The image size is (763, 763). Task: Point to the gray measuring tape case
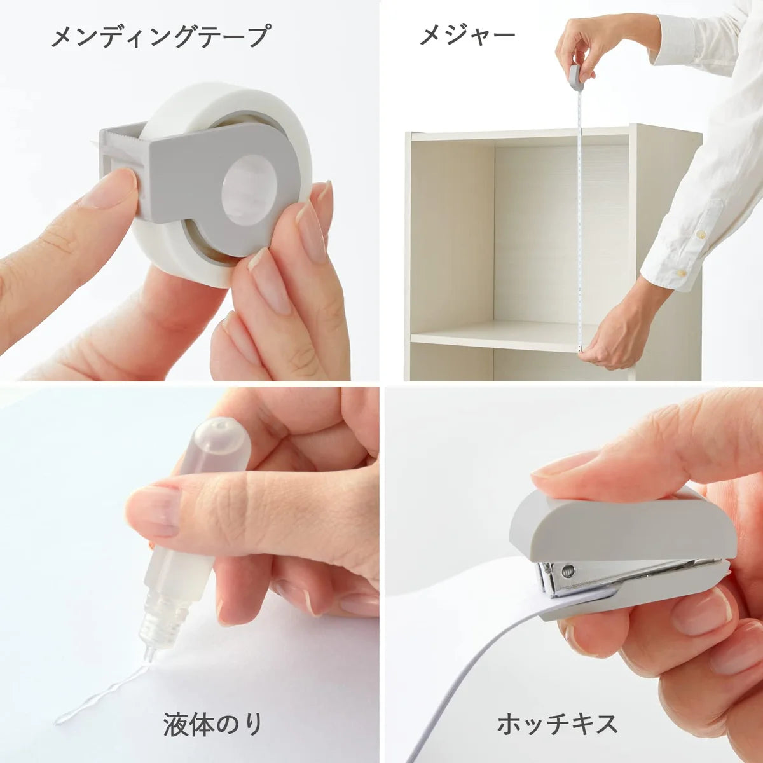tap(576, 76)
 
